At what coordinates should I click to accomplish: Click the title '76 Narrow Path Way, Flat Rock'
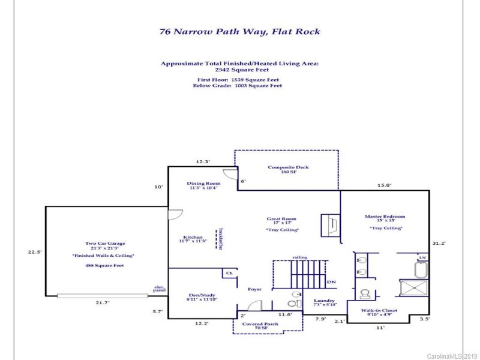239,32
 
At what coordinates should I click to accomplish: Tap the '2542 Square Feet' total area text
239,70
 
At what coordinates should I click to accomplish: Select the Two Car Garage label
104,244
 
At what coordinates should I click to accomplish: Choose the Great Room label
281,219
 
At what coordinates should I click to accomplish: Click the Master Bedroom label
385,217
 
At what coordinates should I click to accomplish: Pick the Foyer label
255,289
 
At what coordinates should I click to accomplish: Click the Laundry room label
324,301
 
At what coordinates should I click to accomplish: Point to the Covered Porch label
259,324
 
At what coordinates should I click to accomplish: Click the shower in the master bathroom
413,290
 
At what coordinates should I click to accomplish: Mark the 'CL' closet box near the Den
229,273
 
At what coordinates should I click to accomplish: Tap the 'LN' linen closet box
422,257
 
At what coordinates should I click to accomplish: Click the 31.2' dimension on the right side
439,243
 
